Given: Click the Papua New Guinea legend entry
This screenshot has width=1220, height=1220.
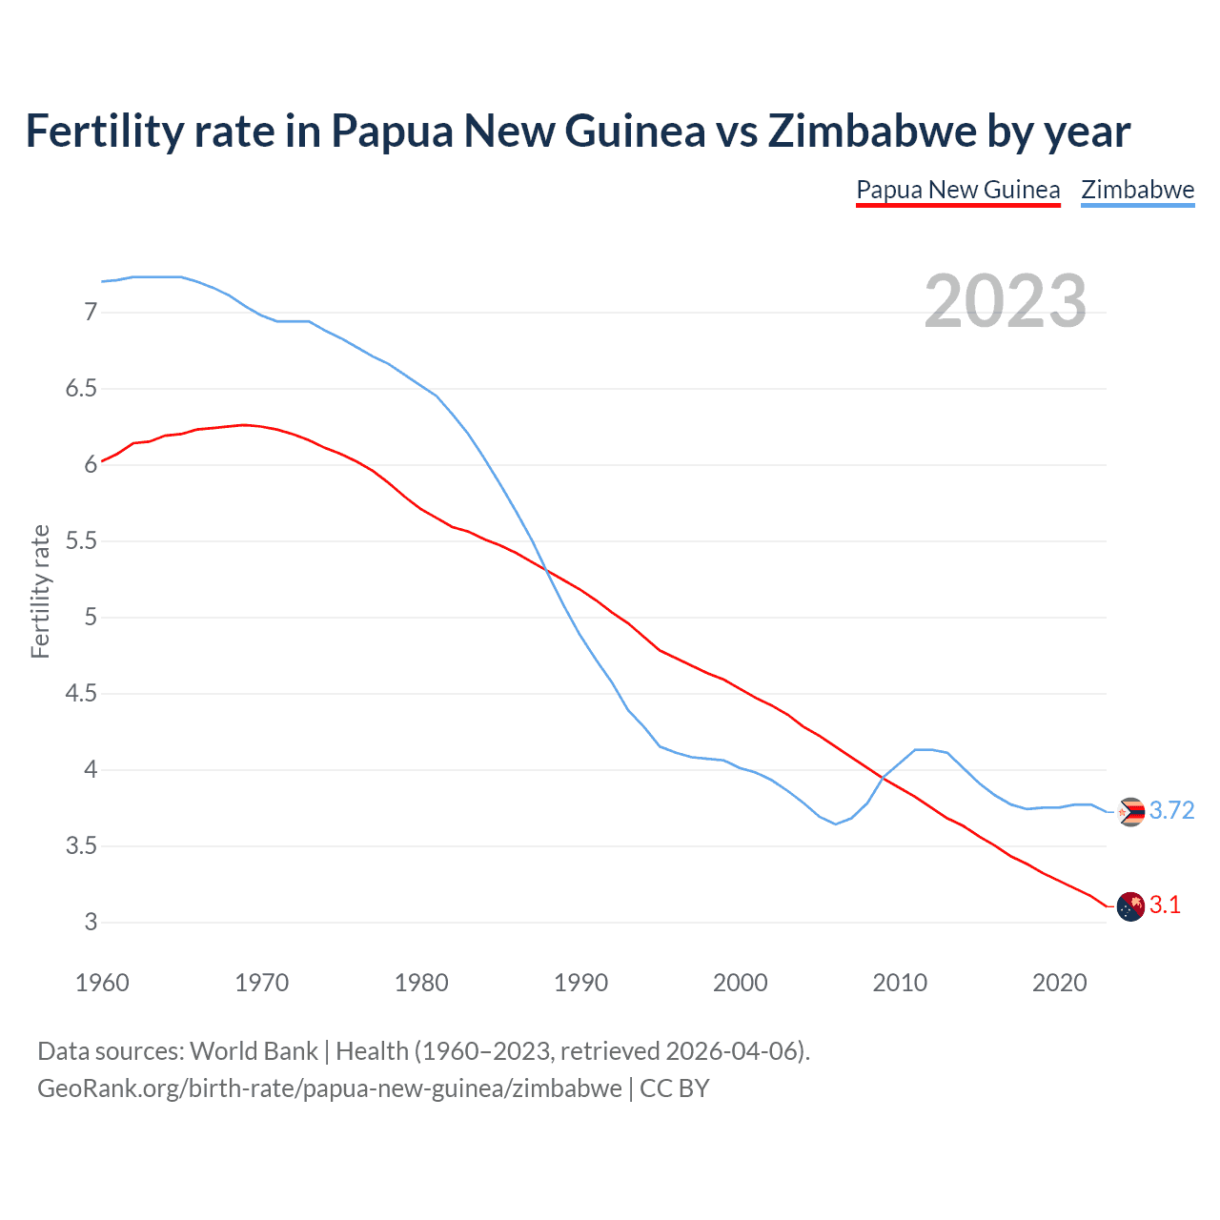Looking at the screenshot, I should click(958, 190).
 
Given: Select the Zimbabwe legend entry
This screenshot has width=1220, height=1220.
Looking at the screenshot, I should click(1137, 190).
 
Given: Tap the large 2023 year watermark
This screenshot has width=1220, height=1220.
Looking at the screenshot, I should click(1005, 301).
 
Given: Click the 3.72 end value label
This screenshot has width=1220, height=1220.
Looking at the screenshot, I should click(1171, 810).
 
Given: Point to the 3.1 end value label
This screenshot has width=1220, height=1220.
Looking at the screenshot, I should click(1165, 905).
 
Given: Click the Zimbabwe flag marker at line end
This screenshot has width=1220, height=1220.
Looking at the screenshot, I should click(1130, 812).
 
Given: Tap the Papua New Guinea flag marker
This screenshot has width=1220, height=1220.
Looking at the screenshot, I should click(1130, 906).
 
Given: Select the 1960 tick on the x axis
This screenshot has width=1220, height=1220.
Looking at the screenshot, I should click(102, 983).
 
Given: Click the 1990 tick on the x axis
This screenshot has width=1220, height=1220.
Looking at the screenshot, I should click(580, 983).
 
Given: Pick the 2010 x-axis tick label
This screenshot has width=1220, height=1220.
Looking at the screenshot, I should click(900, 983).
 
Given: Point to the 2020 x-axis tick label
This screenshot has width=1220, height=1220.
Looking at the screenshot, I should click(1059, 983).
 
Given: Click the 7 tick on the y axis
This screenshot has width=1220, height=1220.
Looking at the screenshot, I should click(91, 313).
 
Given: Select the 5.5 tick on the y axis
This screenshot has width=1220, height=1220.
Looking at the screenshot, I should click(81, 541).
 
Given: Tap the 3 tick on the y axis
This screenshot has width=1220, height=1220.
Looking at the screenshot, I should click(91, 923).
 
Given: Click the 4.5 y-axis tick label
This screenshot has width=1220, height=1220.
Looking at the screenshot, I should click(81, 694).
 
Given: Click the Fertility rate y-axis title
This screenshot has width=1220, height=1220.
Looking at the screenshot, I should click(40, 591).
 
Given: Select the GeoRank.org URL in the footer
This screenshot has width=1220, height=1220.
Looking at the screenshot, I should click(329, 1088).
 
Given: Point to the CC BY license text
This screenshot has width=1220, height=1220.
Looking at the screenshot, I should click(675, 1088).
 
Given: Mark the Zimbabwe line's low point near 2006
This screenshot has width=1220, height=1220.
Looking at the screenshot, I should click(836, 823).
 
